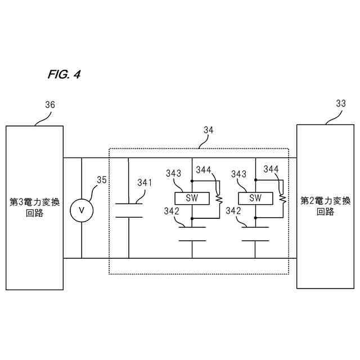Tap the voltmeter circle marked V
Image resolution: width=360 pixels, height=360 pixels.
[81, 209]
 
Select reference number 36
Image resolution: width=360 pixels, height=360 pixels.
[49, 105]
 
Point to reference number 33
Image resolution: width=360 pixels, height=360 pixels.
[341, 103]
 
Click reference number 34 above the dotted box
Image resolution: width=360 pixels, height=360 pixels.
[208, 130]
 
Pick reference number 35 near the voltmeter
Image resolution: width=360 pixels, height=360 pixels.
[101, 180]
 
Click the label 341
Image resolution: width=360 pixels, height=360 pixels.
[145, 182]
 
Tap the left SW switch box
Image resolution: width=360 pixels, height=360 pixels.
[192, 198]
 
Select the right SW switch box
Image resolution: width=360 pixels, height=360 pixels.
[256, 198]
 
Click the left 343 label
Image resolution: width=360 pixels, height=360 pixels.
[174, 174]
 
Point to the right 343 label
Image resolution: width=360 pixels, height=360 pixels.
[238, 174]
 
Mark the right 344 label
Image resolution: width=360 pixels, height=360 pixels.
[271, 169]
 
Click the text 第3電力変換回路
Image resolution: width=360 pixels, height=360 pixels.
[34, 206]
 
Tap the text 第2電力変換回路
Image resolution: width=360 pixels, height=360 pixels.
[325, 206]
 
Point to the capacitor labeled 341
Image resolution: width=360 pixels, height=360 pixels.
[129, 210]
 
